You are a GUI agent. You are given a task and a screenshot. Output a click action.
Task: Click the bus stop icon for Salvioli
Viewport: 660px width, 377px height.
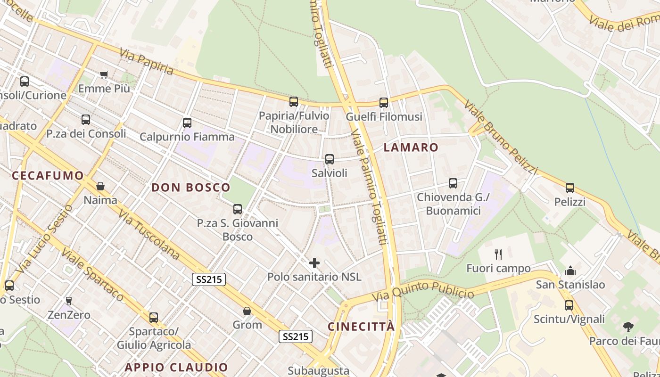330,159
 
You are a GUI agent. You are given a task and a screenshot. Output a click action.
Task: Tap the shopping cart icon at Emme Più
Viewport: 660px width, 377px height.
104,74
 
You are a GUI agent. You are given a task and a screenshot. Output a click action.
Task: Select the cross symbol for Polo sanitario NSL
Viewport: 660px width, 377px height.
314,262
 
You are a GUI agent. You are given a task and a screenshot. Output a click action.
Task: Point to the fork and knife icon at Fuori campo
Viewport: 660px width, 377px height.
498,254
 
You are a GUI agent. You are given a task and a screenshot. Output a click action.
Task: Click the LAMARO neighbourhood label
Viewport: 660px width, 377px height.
411,148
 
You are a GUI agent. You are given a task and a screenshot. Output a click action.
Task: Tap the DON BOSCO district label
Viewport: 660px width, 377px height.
191,188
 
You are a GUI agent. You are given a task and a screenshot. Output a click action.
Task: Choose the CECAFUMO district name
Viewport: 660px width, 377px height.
48,176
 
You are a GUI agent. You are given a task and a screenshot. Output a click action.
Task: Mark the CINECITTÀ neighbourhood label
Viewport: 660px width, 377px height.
361,327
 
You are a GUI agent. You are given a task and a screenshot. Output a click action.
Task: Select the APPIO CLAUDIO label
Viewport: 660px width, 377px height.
176,367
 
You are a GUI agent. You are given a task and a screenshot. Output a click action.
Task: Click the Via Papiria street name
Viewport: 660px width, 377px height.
147,61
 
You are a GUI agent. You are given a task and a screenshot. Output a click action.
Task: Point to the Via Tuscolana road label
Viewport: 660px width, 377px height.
149,235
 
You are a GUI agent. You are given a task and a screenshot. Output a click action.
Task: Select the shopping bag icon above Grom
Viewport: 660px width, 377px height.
247,311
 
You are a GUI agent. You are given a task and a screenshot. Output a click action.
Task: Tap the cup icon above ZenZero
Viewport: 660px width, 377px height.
69,301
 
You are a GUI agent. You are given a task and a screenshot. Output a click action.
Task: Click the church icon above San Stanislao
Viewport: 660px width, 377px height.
570,270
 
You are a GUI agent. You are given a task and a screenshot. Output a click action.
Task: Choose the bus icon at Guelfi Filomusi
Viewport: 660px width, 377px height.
384,102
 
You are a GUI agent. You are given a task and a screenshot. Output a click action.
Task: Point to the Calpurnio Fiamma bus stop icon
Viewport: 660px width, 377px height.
187,123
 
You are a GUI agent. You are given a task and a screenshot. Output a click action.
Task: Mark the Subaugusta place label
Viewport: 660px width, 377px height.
318,371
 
